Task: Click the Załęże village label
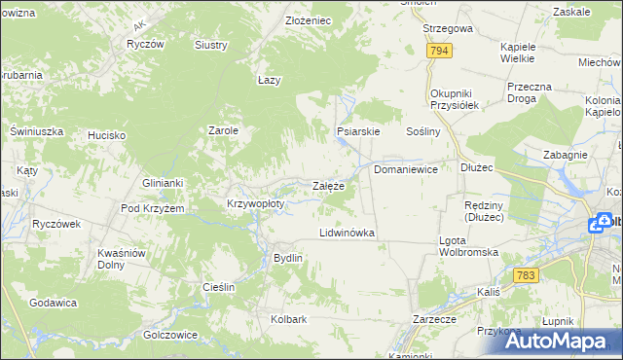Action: point(327,186)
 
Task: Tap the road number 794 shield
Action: point(439,51)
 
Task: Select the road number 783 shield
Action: point(527,276)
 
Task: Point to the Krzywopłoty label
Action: point(255,204)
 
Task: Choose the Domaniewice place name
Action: point(406,169)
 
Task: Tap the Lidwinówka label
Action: point(347,234)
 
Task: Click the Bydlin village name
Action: point(288,258)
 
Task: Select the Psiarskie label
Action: point(357,130)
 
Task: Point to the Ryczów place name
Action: point(144,45)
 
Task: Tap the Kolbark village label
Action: point(289,318)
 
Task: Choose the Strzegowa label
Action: point(447,29)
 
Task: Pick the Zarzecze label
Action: point(434,318)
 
